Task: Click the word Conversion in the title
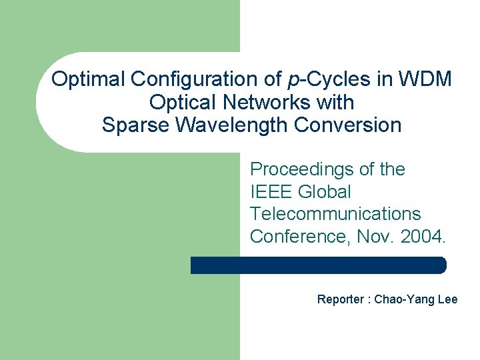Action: pyautogui.click(x=353, y=125)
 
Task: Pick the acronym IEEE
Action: pyautogui.click(x=271, y=192)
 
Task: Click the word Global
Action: pyautogui.click(x=324, y=192)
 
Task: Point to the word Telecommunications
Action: pyautogui.click(x=335, y=214)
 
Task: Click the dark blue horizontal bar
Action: pyautogui.click(x=318, y=265)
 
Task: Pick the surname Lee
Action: pyautogui.click(x=447, y=299)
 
